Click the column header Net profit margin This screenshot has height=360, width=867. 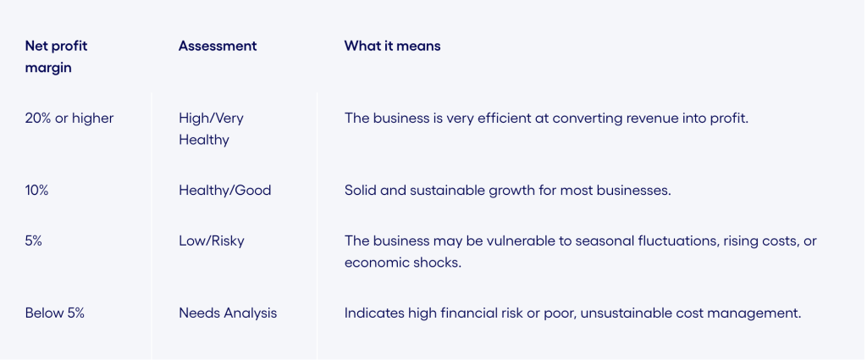pos(57,57)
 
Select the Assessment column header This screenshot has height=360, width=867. pos(218,46)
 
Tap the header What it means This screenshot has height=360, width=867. pos(392,46)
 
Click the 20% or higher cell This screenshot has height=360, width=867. pos(69,119)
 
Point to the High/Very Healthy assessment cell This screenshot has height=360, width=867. pos(211,129)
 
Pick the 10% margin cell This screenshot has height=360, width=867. pos(37,191)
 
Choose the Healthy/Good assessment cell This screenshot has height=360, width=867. pos(224,191)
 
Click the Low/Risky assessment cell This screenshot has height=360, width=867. pos(211,241)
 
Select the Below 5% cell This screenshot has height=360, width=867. pos(55,313)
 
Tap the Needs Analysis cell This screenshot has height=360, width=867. pos(228,313)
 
